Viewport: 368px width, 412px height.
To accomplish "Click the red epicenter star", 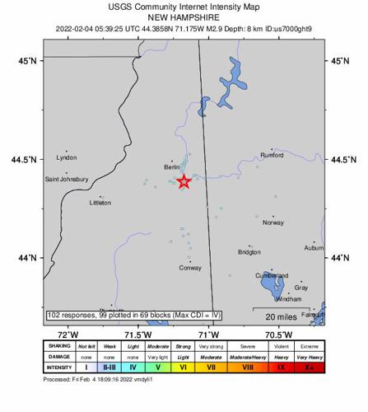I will pos(184,181).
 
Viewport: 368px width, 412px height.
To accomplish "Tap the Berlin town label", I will pos(172,167).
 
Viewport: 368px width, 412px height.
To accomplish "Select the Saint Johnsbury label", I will pos(67,179).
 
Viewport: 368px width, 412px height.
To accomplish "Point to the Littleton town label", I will pos(100,201).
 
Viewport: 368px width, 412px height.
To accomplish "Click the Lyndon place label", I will pos(66,157).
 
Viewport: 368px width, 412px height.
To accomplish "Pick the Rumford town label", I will pos(272,155).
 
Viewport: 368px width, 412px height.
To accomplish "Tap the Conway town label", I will pos(190,267).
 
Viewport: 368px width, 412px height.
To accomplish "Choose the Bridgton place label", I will pos(249,252).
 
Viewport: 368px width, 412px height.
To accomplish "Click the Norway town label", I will pos(273,222).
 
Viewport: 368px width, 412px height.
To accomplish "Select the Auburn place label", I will pos(313,246).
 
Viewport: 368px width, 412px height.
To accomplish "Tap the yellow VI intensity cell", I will pos(184,367).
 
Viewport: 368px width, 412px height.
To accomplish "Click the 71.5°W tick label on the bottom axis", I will pos(137,334).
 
